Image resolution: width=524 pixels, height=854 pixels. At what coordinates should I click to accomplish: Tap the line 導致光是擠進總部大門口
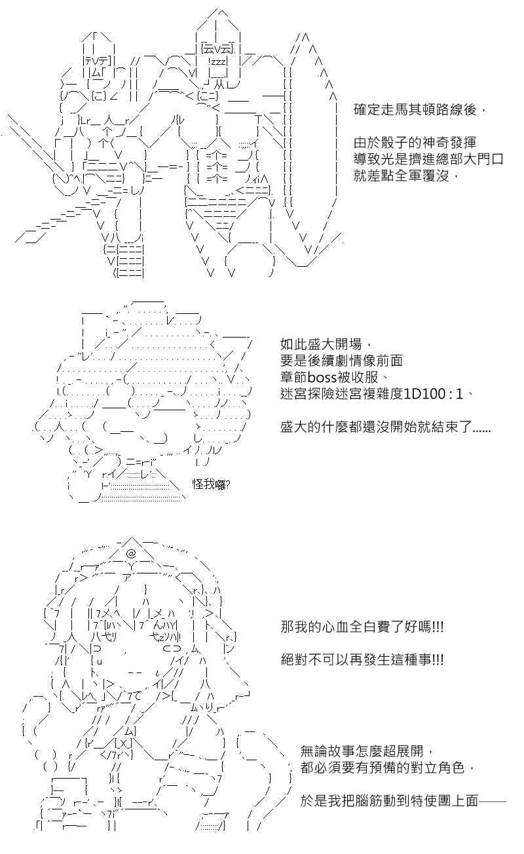point(429,159)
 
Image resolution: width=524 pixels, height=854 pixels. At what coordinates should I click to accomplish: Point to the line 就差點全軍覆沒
point(402,176)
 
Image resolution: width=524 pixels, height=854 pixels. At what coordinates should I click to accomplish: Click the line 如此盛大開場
point(321,345)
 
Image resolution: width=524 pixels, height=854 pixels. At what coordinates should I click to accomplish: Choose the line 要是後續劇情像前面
point(341,361)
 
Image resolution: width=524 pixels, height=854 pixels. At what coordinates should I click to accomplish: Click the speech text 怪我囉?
point(211,484)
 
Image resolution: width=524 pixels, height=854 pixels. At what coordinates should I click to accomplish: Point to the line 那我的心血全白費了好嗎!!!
point(362,627)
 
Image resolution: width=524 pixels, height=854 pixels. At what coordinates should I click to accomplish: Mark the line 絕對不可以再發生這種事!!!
point(362,659)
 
